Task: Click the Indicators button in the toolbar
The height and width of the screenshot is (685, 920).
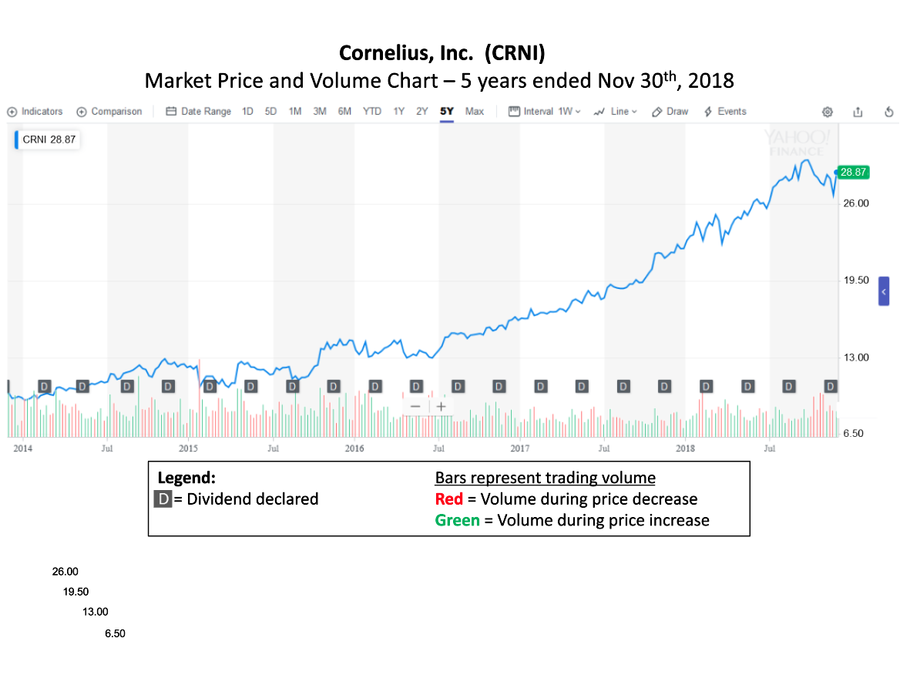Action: (35, 112)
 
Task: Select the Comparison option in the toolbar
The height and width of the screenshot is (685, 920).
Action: (109, 112)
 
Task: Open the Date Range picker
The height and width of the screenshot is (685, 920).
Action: (199, 112)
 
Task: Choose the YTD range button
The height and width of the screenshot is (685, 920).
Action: (372, 112)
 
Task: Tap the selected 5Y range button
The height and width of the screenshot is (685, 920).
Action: (447, 112)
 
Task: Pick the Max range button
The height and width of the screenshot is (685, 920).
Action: (475, 112)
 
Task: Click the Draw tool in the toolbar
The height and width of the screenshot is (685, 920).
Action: (670, 112)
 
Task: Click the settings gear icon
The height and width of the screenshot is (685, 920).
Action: (828, 112)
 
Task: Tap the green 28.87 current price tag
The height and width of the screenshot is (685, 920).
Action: (854, 173)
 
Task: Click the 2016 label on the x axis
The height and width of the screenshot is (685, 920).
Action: (354, 448)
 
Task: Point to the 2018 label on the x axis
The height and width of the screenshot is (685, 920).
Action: (685, 448)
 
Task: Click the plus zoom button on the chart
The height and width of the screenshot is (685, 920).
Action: (441, 406)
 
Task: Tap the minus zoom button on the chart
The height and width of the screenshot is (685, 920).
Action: (416, 406)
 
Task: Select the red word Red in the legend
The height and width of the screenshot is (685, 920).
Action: (449, 499)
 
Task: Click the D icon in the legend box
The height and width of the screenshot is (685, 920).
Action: (163, 499)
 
